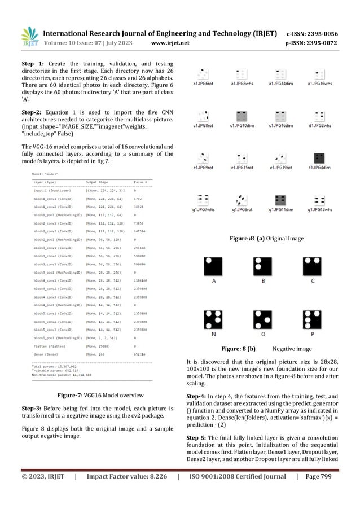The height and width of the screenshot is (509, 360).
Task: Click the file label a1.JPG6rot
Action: tap(203, 84)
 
